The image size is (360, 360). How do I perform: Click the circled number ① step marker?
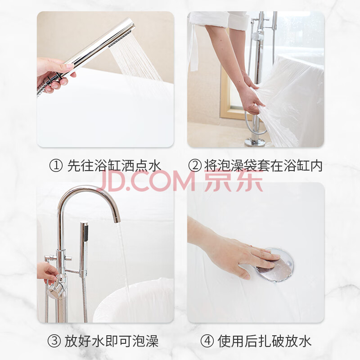(56, 166)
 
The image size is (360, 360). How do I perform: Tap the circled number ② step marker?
(195, 166)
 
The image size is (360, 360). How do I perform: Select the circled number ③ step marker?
(54, 341)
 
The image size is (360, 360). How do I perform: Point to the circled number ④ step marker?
(207, 341)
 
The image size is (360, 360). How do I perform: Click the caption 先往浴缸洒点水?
(114, 166)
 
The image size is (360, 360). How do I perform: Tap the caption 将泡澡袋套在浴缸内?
(263, 166)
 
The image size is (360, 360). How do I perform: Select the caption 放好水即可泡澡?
(112, 341)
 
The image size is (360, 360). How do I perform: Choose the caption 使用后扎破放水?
(265, 341)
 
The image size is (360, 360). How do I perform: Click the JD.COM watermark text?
(146, 182)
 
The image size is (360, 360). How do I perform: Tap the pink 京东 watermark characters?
(233, 181)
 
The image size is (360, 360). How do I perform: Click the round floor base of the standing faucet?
(255, 142)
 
